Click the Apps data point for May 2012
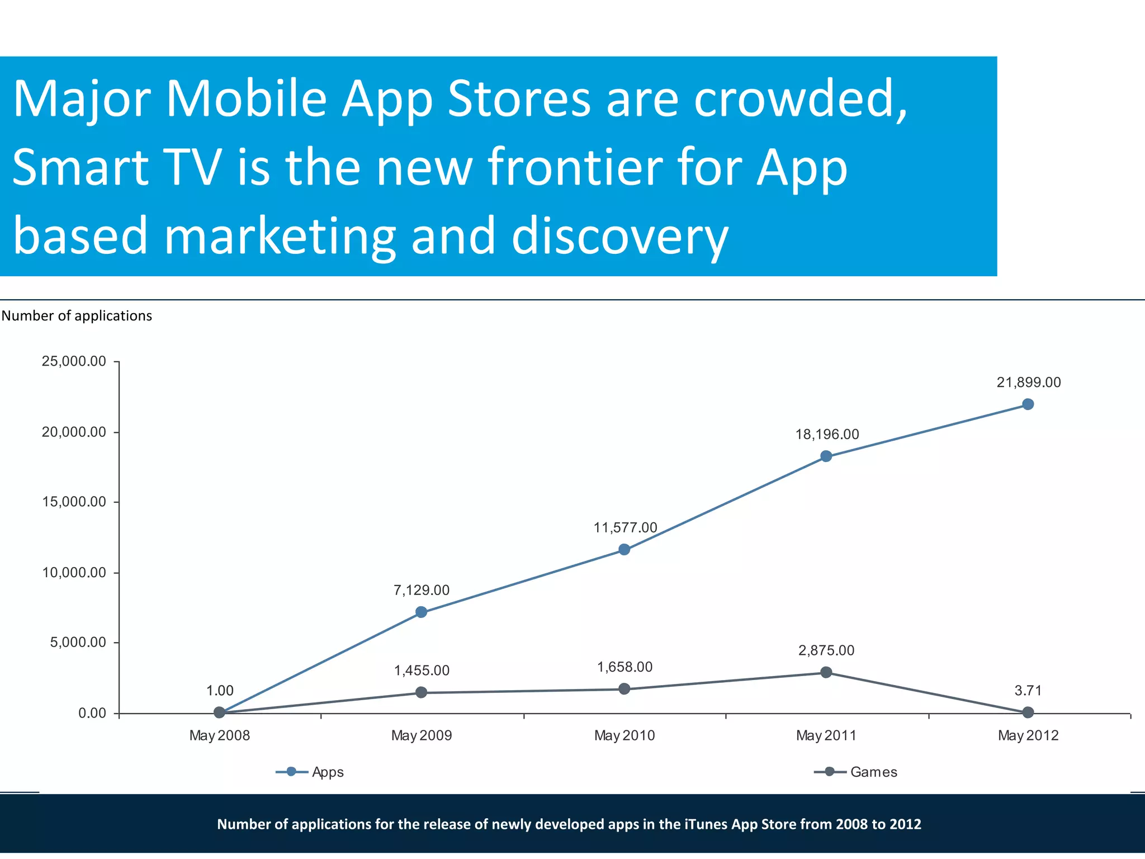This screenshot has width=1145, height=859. click(x=1028, y=404)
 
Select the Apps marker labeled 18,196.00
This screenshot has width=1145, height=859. click(x=826, y=456)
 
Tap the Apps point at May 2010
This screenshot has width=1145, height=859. click(x=624, y=550)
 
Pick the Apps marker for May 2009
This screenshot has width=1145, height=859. click(x=422, y=612)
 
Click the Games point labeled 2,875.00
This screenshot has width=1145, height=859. click(x=826, y=672)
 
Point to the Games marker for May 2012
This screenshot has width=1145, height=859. click(x=1028, y=712)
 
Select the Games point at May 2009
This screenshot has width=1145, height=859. click(x=422, y=692)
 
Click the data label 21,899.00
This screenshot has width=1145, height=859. click(x=1028, y=383)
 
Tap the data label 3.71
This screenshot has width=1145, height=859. click(x=1028, y=691)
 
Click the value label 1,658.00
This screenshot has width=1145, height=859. click(x=624, y=667)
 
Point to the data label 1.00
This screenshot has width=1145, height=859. click(x=220, y=691)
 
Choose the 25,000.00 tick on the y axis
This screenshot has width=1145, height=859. click(x=74, y=361)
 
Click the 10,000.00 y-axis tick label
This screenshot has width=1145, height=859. click(x=74, y=573)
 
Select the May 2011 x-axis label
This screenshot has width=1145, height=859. click(x=826, y=735)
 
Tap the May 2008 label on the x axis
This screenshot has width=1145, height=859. click(x=219, y=735)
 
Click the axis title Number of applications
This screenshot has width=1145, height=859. click(x=77, y=316)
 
